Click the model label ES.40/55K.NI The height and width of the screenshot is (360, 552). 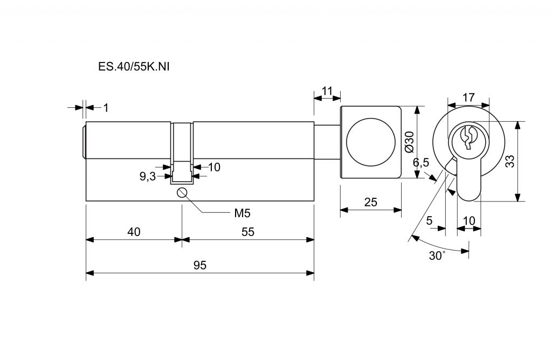click(x=134, y=67)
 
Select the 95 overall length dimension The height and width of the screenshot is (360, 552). click(x=200, y=265)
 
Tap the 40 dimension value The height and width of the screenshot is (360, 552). click(x=134, y=232)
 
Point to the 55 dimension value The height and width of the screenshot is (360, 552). click(x=248, y=232)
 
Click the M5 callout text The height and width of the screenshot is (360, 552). click(x=242, y=213)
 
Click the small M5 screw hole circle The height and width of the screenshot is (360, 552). click(x=182, y=192)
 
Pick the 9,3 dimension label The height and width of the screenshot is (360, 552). click(x=148, y=176)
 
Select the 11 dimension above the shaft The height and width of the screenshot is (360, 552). click(x=327, y=91)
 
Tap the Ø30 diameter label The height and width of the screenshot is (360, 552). click(x=410, y=142)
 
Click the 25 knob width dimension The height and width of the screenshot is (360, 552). click(x=371, y=202)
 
